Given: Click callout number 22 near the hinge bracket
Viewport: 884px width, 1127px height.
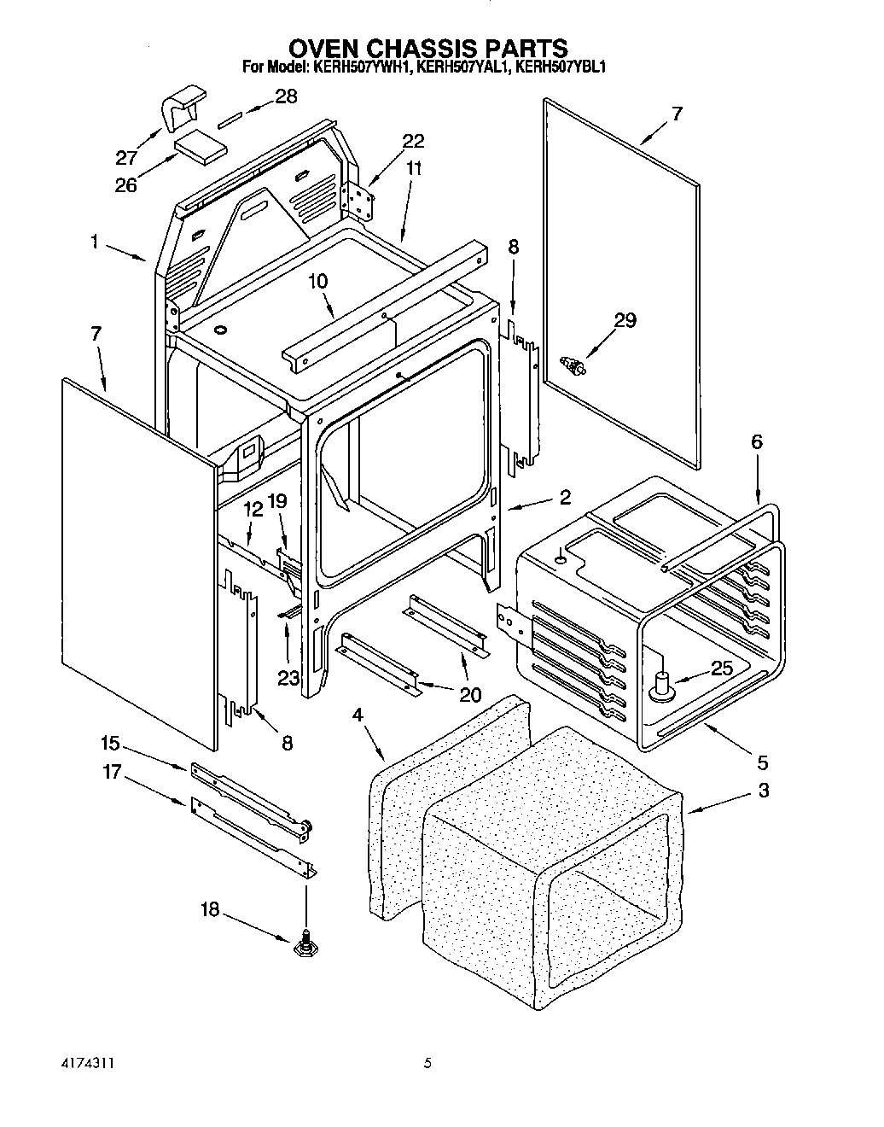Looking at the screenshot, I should (413, 141).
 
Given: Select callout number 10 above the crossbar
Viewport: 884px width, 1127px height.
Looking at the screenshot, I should (317, 282).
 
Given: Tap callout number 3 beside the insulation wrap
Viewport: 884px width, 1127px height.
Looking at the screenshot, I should (762, 791).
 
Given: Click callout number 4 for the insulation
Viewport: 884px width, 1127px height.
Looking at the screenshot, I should (358, 715).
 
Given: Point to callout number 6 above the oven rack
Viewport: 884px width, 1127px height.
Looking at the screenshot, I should (756, 442).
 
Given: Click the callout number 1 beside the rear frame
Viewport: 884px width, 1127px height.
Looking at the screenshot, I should (93, 242).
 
